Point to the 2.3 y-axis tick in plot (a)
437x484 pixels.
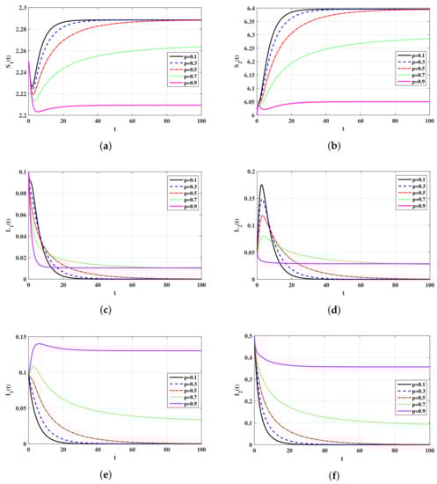(18, 8)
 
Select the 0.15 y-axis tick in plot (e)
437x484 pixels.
(17, 333)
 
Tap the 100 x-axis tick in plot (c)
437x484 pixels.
(200, 286)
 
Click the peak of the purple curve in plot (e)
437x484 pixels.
(37, 343)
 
